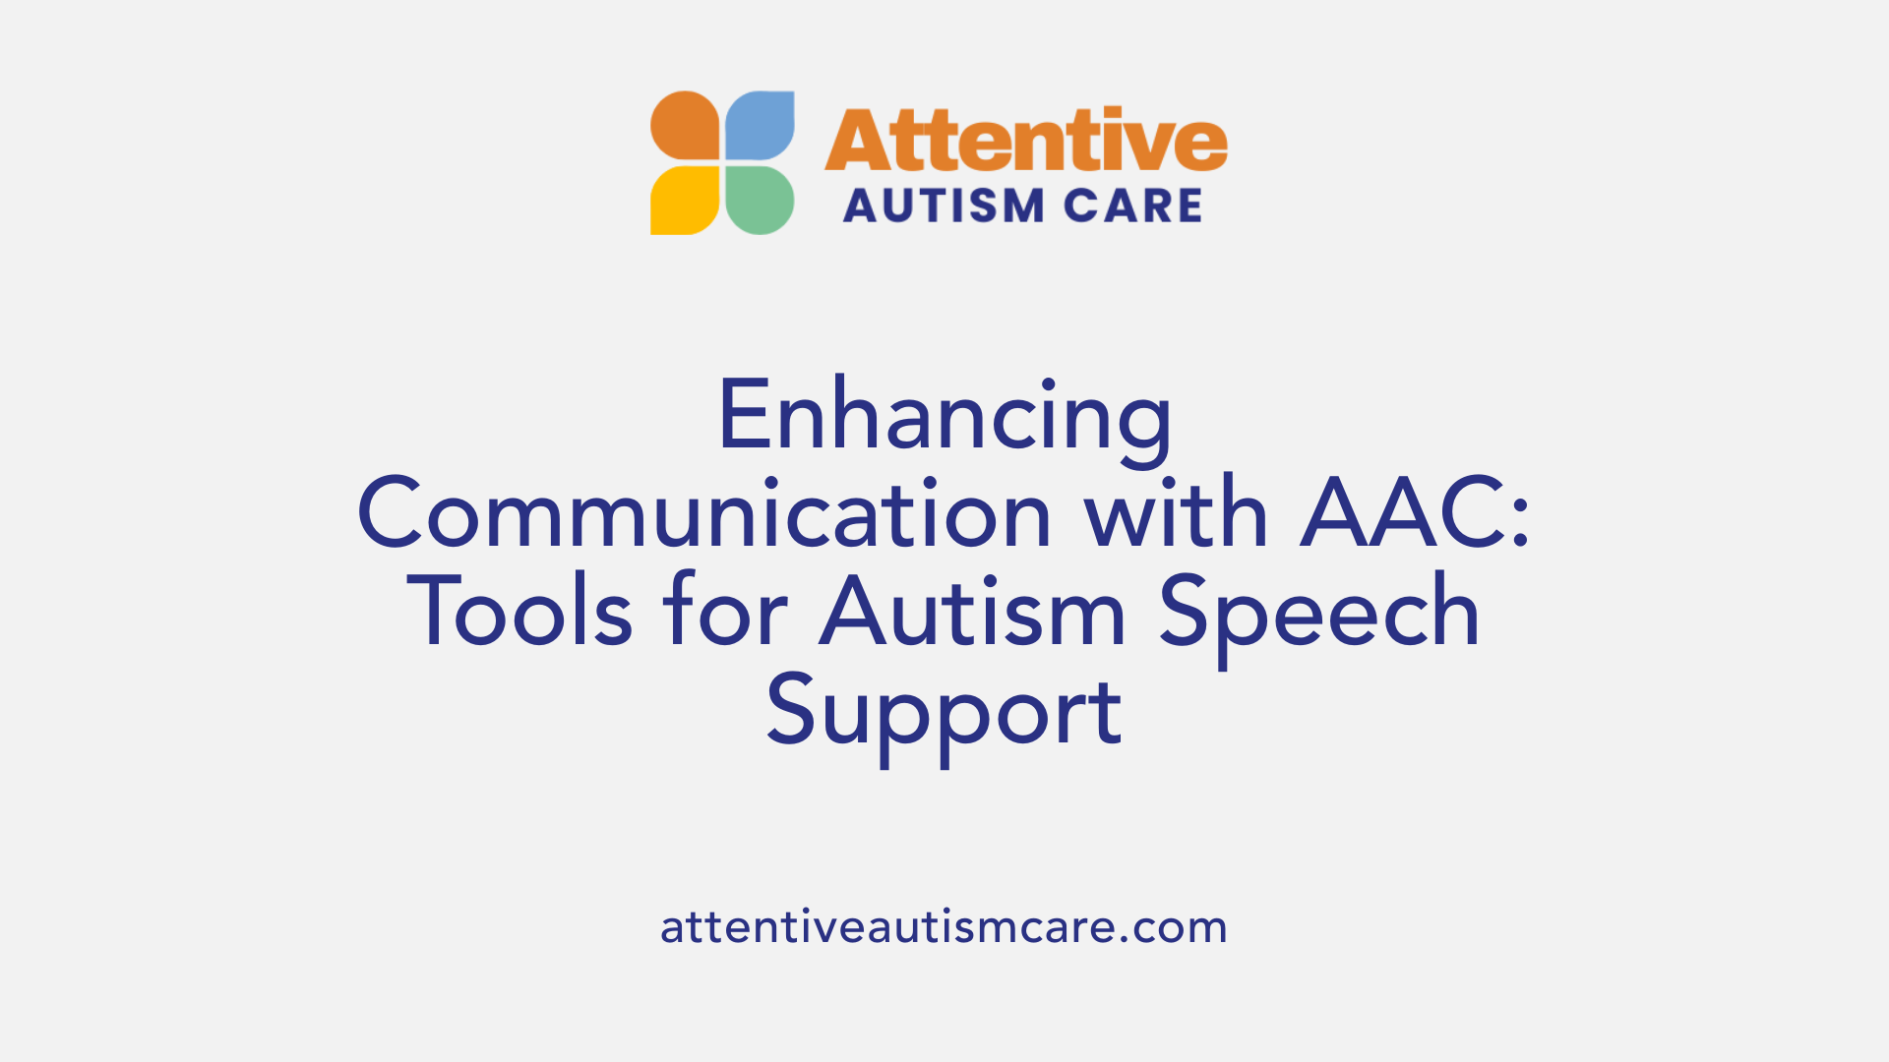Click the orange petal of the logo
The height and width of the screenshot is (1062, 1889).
click(x=685, y=126)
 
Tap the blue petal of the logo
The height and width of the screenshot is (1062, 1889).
click(x=760, y=126)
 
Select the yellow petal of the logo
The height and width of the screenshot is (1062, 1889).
click(x=685, y=201)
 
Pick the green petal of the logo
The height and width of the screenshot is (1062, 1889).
click(x=760, y=201)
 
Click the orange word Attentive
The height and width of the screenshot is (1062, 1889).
click(x=1025, y=141)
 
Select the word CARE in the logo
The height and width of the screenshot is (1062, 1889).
click(x=1133, y=206)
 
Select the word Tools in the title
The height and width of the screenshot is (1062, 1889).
click(x=519, y=613)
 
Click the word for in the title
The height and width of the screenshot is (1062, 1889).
click(x=725, y=613)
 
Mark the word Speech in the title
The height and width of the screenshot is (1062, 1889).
click(x=1319, y=613)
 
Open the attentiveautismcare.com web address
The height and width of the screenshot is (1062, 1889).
click(x=944, y=927)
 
